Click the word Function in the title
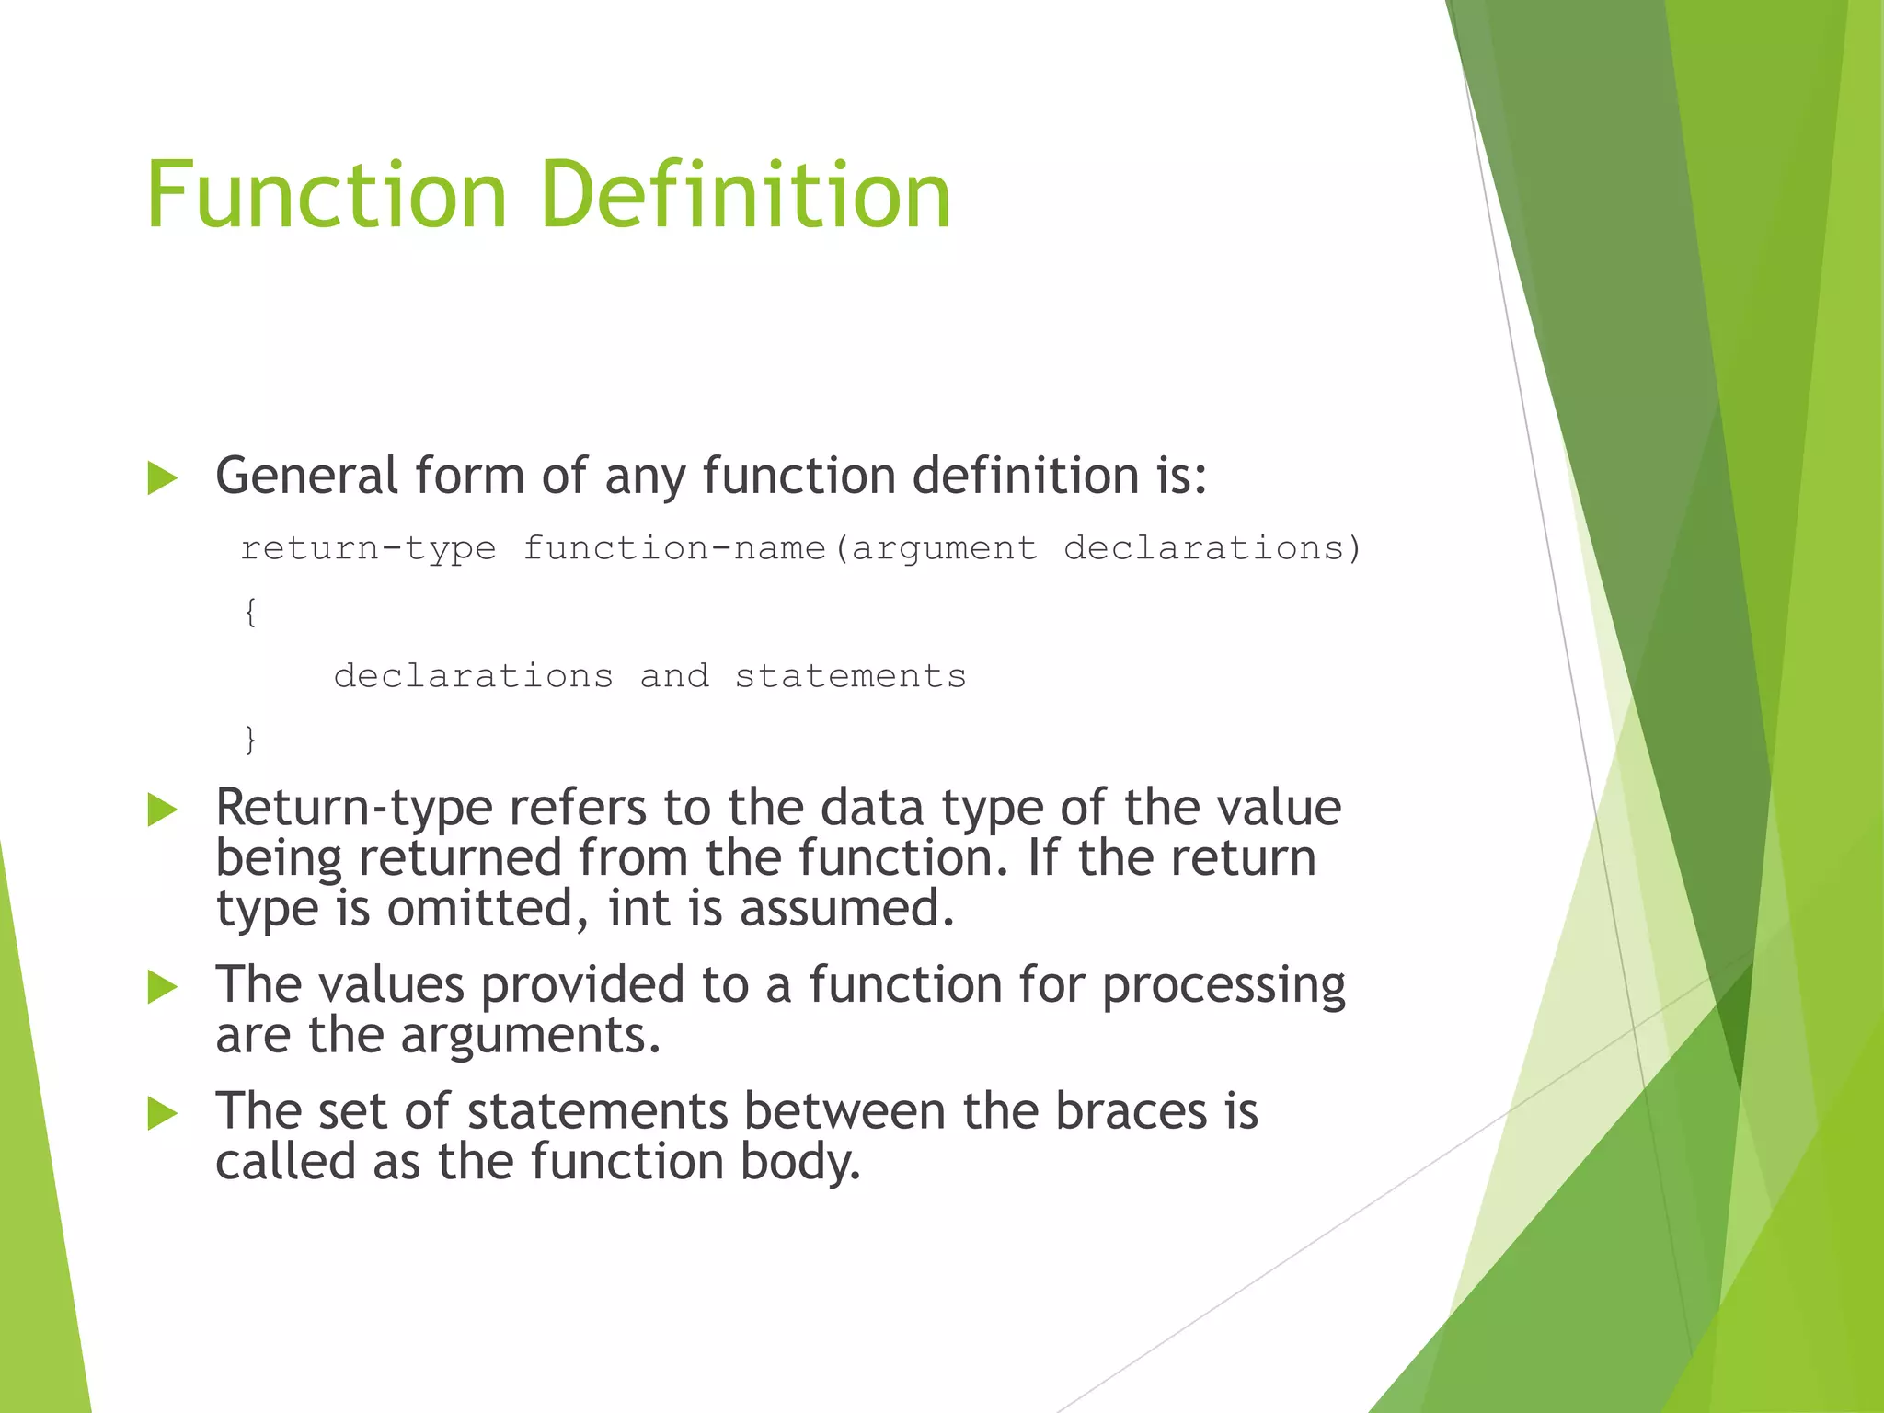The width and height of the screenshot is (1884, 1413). click(327, 195)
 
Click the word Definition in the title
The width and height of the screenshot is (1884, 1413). click(746, 195)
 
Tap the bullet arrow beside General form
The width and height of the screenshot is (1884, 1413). click(162, 478)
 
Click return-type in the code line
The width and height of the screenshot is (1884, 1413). click(368, 549)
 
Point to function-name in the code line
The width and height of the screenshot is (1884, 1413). click(674, 549)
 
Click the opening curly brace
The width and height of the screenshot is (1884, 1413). click(250, 612)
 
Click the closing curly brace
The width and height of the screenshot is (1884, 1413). click(250, 740)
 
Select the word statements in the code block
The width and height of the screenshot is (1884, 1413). click(850, 676)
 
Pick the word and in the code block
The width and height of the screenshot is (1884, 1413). click(674, 676)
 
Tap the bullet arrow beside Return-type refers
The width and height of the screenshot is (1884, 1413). click(162, 810)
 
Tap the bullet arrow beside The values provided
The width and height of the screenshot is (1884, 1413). click(162, 987)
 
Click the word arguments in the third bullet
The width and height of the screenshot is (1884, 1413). click(530, 1037)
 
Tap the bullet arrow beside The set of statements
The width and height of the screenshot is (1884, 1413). click(162, 1114)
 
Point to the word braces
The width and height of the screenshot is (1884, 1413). click(1131, 1112)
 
